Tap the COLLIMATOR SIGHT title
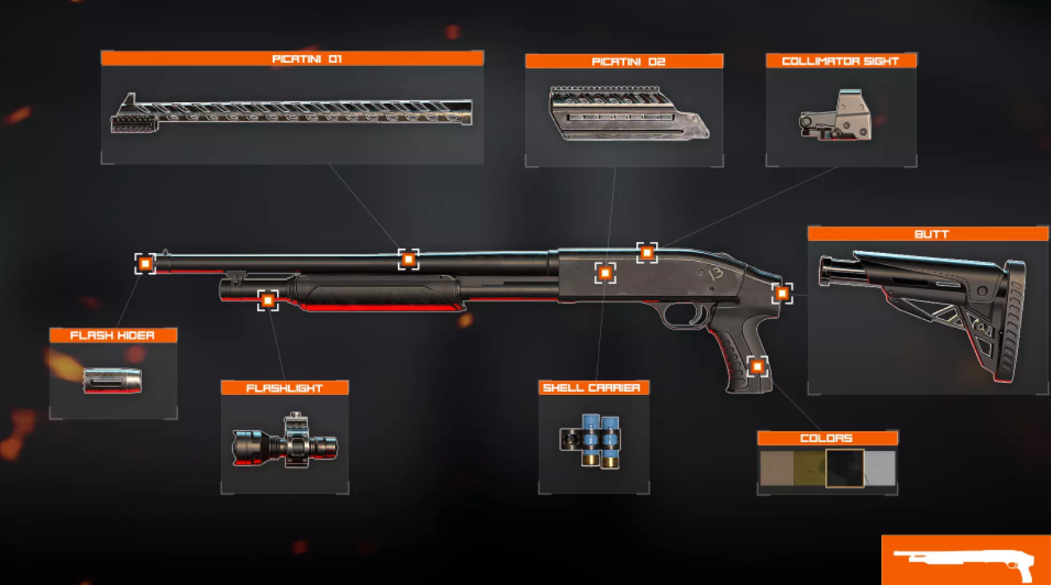coord(840,61)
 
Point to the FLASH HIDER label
coord(113,335)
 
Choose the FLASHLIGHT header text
coord(284,388)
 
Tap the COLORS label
coord(826,438)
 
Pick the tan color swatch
coord(776,468)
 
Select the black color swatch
coord(844,468)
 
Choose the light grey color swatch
coord(880,468)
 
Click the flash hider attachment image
coord(113,381)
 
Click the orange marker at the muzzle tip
coord(145,263)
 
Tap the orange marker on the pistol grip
coord(757,367)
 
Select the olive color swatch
coord(809,468)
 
